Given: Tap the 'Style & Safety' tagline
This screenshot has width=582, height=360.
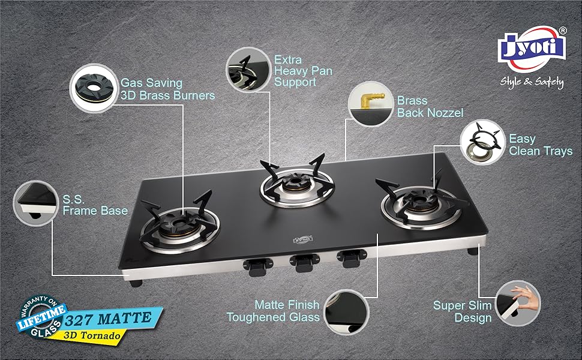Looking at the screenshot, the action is tap(532, 82).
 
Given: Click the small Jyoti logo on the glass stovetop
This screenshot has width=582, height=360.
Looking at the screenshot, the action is tap(303, 239).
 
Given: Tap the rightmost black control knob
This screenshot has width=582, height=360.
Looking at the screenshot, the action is tap(352, 259).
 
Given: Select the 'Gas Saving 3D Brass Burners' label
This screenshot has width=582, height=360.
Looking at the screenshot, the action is tap(168, 89).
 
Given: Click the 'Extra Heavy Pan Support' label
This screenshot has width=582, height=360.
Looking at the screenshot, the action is tap(303, 71).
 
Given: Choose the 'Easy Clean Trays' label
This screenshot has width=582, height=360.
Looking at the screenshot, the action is tap(541, 145).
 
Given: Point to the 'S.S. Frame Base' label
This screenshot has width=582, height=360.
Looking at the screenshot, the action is tap(95, 205).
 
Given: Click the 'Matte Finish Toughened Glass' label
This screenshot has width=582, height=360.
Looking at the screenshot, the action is tap(273, 311).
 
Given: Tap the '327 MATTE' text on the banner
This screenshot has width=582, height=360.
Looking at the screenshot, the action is tap(108, 319).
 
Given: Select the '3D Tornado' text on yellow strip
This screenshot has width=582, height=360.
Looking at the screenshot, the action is tap(92, 335).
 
